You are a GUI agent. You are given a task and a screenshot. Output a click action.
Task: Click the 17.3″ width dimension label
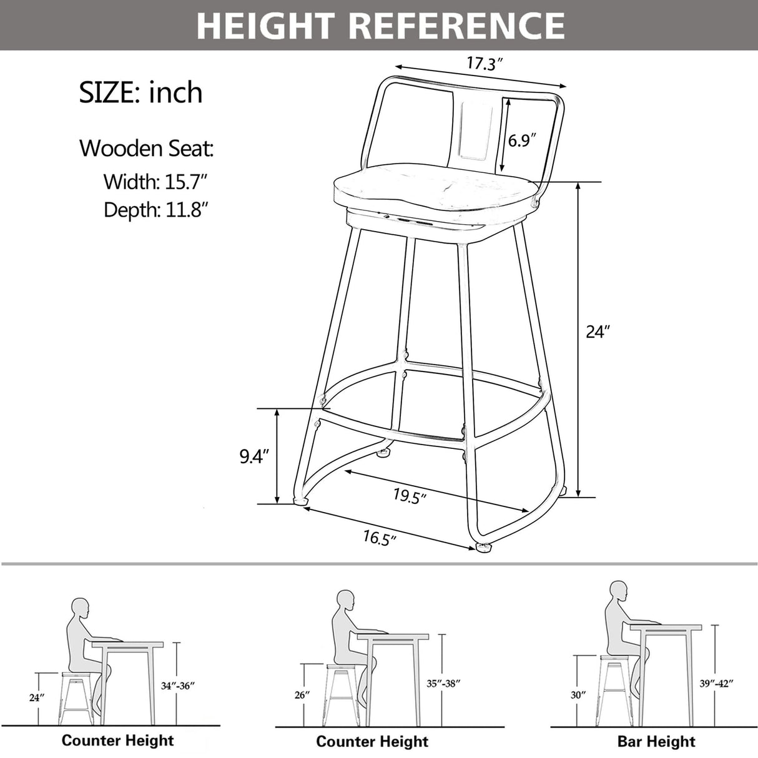pyautogui.click(x=485, y=63)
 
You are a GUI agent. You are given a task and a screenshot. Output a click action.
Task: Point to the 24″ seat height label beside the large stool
pyautogui.click(x=598, y=332)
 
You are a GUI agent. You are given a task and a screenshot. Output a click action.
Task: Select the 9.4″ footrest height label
pyautogui.click(x=254, y=456)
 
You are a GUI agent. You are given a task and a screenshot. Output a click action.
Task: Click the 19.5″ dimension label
pyautogui.click(x=410, y=496)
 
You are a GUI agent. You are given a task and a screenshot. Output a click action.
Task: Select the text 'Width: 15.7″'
pyautogui.click(x=155, y=182)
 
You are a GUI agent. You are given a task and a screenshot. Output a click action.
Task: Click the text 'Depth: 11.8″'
pyautogui.click(x=155, y=210)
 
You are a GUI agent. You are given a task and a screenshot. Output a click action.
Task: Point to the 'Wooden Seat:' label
pyautogui.click(x=146, y=149)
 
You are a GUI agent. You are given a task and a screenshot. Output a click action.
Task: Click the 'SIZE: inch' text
pyautogui.click(x=140, y=92)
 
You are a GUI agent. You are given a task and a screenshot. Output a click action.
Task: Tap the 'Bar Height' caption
pyautogui.click(x=656, y=741)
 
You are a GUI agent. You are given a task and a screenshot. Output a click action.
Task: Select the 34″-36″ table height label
pyautogui.click(x=178, y=686)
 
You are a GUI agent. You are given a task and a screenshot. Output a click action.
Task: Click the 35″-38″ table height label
pyautogui.click(x=444, y=683)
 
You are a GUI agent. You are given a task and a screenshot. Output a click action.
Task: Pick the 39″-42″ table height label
pyautogui.click(x=716, y=683)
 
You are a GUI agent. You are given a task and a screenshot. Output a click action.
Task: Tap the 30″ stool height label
pyautogui.click(x=578, y=694)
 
